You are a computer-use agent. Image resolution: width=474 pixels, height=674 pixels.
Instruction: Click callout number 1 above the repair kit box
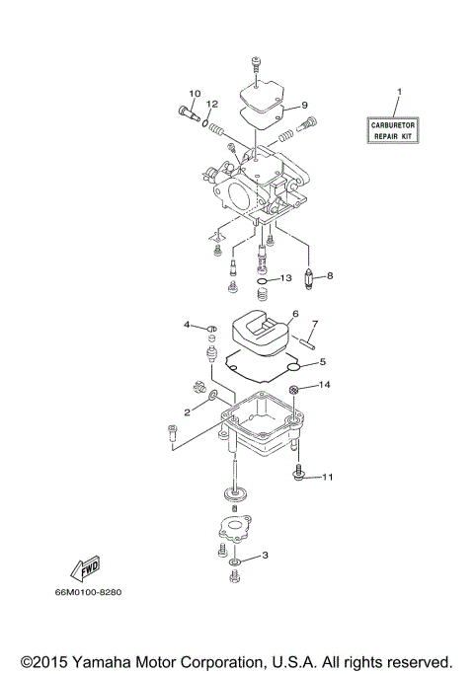pos(399,92)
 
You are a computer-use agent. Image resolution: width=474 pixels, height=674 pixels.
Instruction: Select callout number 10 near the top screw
pos(194,94)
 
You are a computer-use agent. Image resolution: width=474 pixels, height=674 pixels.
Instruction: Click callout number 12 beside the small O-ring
pos(211,105)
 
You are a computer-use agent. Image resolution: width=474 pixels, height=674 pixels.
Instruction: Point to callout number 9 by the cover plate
pos(305,105)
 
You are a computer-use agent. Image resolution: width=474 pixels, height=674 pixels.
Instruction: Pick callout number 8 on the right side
pos(329,275)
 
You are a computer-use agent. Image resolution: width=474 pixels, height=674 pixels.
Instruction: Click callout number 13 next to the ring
pos(285,279)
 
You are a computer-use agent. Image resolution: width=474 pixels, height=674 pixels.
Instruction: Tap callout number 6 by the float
pos(294,315)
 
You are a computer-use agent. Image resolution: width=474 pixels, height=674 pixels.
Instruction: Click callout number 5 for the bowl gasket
pos(322,361)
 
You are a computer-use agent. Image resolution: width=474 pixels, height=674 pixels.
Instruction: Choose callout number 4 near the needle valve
pos(186,324)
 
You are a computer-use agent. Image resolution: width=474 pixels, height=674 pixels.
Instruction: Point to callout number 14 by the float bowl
pos(324,384)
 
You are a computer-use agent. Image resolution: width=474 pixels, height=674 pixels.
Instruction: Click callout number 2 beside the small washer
pos(186,412)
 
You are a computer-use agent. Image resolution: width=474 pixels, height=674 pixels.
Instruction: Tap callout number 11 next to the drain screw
pos(328,478)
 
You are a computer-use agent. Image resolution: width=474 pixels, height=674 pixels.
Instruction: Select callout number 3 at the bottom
pos(265,555)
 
